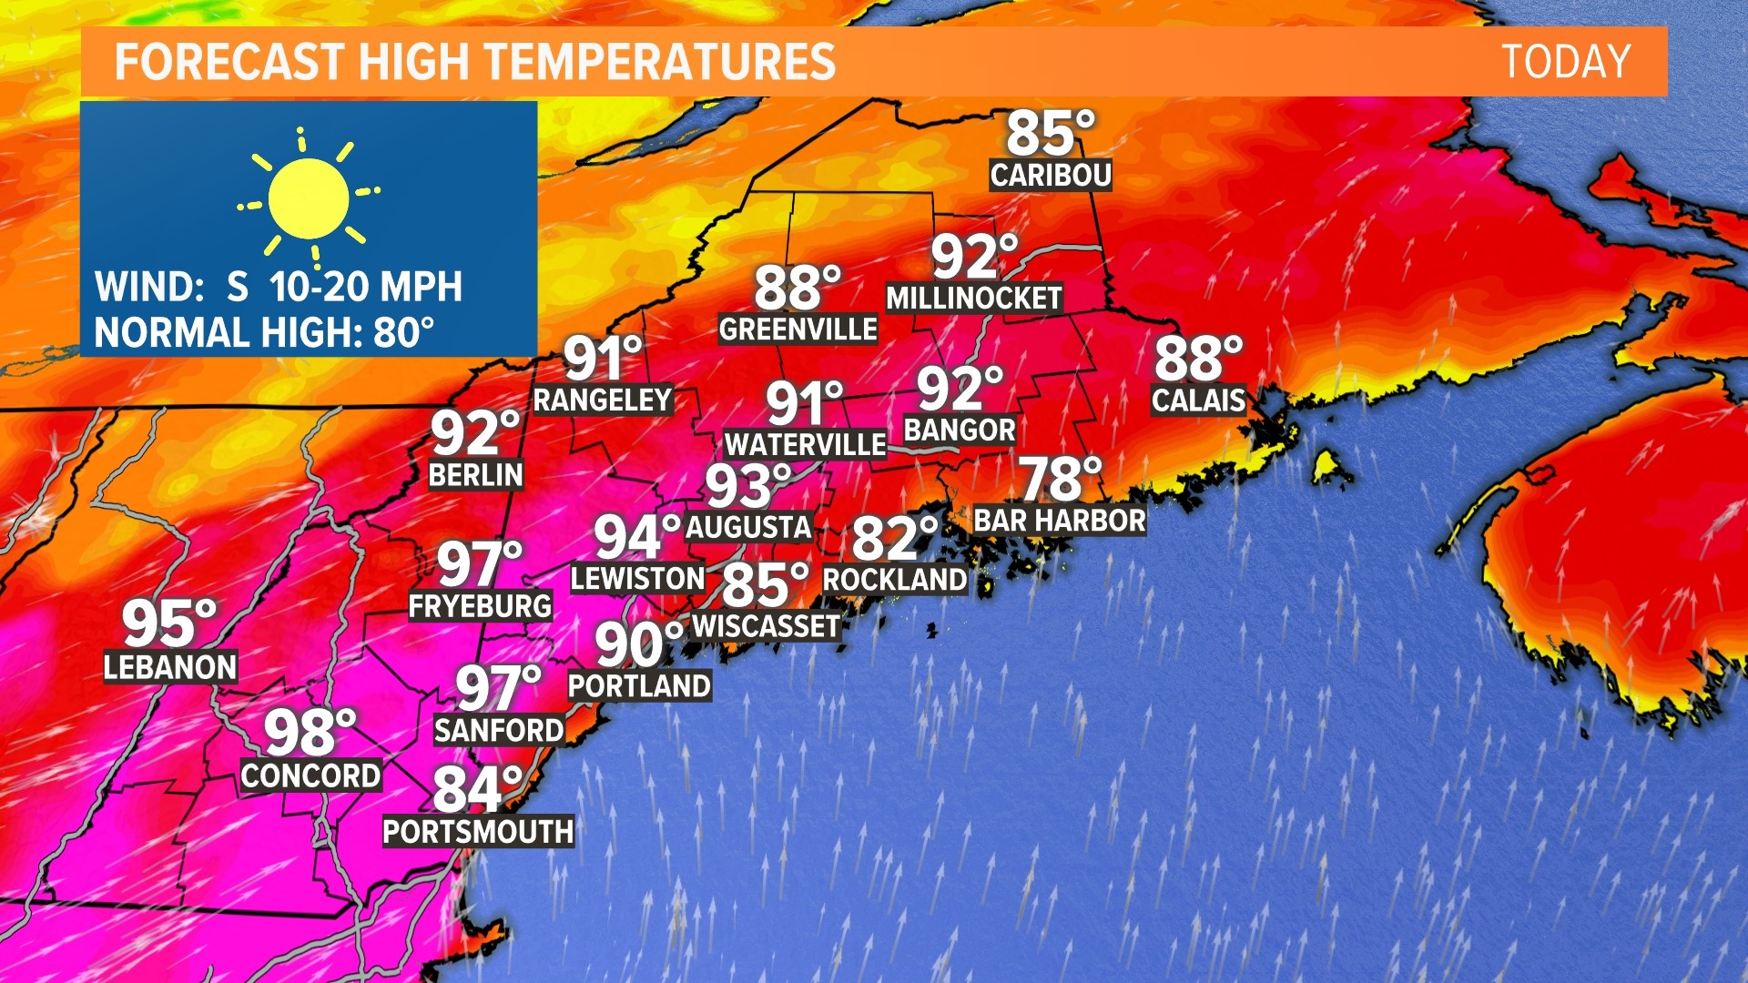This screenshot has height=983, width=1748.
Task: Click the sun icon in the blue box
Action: (x=309, y=198)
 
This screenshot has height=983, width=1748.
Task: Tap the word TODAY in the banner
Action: (x=1565, y=62)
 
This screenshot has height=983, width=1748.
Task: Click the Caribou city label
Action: (x=1051, y=175)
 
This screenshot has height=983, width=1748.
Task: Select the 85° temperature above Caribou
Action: (x=1049, y=133)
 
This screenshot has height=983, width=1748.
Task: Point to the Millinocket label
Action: (x=974, y=299)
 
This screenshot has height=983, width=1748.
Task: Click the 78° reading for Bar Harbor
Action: (x=1059, y=480)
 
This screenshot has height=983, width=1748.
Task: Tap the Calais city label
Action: (x=1198, y=400)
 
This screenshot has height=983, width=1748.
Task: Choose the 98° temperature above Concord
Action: (x=310, y=733)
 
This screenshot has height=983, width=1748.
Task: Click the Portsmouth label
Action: (x=478, y=832)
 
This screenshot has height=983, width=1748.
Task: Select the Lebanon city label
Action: (x=170, y=667)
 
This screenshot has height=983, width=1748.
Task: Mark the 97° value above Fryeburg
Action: (x=479, y=563)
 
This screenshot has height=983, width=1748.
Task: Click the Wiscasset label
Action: (x=766, y=626)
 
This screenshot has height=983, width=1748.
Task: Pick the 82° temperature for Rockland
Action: (x=893, y=538)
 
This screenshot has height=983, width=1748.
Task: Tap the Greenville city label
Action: (x=798, y=329)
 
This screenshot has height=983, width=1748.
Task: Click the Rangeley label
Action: (x=602, y=400)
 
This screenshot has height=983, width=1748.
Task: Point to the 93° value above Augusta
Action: (x=747, y=486)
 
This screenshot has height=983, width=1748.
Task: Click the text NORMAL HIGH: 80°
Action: (x=264, y=333)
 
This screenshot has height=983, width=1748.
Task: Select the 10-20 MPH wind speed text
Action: (x=366, y=288)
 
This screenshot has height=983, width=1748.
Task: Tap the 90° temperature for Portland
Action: (x=637, y=644)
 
